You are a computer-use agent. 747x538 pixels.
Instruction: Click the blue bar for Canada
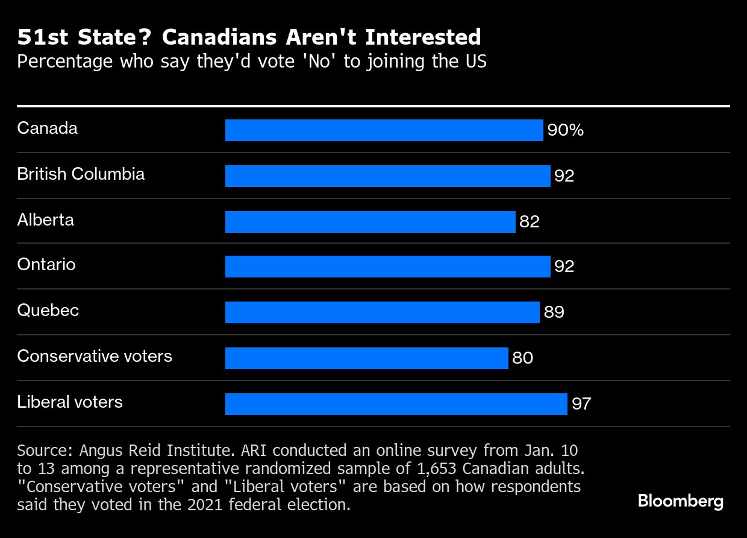click(384, 130)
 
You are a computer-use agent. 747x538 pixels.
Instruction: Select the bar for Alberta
click(370, 222)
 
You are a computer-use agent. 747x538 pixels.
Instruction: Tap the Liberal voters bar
click(396, 404)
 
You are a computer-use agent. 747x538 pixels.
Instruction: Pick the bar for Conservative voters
click(366, 358)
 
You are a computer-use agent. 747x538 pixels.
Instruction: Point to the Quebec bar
click(382, 312)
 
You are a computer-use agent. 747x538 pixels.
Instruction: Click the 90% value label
click(565, 130)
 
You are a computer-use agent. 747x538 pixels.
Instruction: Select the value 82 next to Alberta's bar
click(529, 222)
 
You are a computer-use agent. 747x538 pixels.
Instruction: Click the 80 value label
click(522, 358)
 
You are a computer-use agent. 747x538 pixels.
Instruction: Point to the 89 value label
click(554, 312)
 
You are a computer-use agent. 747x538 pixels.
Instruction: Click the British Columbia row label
click(81, 174)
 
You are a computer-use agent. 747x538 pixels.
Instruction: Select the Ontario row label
click(46, 265)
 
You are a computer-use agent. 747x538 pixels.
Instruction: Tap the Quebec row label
click(48, 311)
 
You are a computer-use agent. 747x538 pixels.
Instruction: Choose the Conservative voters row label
click(95, 356)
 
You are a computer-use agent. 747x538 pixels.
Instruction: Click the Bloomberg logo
click(680, 501)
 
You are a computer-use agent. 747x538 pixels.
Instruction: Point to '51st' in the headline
click(40, 37)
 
